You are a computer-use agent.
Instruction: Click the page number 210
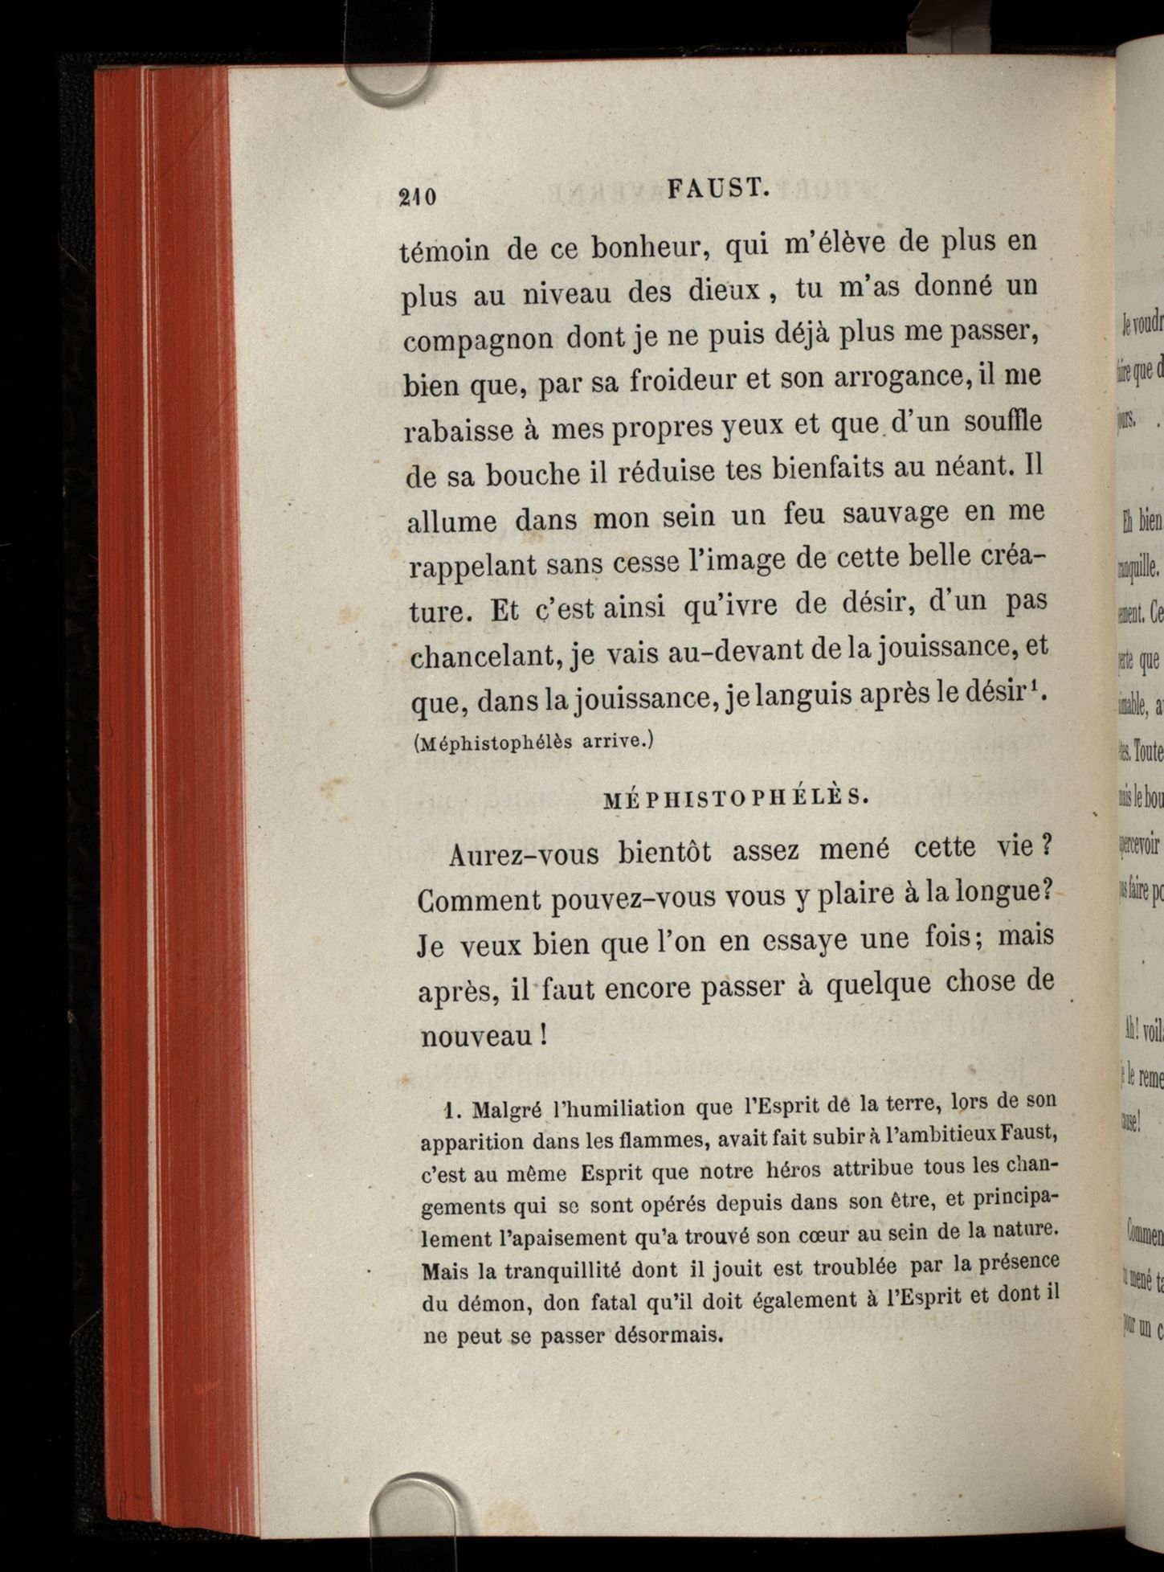click(x=418, y=197)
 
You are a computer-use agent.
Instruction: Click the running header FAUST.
click(x=719, y=190)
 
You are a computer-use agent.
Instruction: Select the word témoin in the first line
click(x=443, y=250)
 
